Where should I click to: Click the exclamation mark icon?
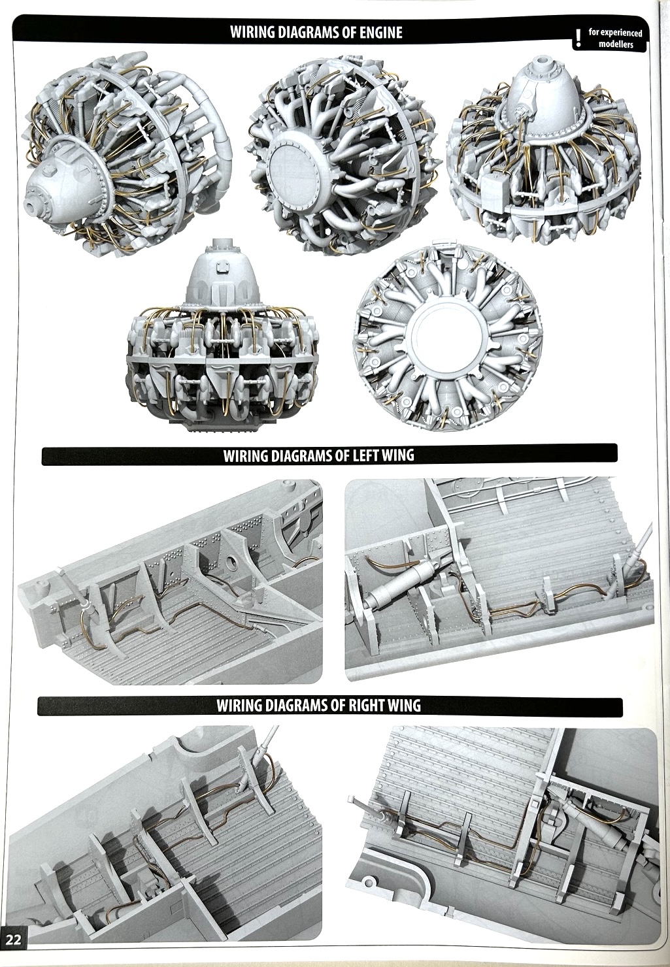pos(579,37)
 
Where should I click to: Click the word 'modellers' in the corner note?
pos(616,44)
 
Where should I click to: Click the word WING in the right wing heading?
pos(403,706)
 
